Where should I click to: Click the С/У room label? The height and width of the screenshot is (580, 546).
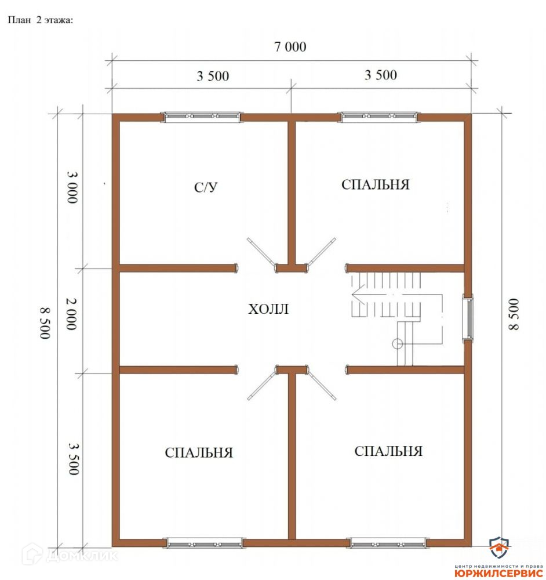click(206, 187)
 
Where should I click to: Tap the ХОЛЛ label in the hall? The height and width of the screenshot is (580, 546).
click(268, 309)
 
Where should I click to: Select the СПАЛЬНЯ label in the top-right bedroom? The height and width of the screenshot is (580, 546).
click(375, 184)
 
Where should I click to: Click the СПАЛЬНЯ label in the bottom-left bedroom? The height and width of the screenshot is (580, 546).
click(199, 453)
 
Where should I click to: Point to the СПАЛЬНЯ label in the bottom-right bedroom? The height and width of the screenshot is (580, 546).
click(388, 451)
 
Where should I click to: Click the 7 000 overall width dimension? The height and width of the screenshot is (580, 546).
click(290, 47)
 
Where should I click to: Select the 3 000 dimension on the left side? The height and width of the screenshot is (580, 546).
click(72, 187)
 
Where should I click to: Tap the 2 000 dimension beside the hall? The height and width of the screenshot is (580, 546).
click(71, 314)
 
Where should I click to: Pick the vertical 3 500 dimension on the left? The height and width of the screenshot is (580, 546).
click(74, 459)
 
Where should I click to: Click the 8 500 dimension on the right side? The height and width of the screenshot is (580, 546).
click(514, 314)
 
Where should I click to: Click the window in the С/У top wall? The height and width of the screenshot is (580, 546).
click(202, 117)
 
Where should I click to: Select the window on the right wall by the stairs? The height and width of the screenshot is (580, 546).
click(468, 318)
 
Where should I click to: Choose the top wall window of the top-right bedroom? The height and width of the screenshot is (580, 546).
click(379, 117)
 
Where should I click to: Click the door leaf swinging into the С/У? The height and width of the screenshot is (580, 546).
click(262, 252)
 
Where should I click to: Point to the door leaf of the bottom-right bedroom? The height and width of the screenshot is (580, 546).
click(321, 386)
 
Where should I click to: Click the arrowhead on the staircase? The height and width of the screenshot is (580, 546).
click(357, 295)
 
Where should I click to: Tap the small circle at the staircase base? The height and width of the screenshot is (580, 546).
click(397, 344)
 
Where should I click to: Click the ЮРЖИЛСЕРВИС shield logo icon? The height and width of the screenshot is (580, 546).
click(498, 549)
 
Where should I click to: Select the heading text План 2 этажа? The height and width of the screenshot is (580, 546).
click(41, 20)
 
